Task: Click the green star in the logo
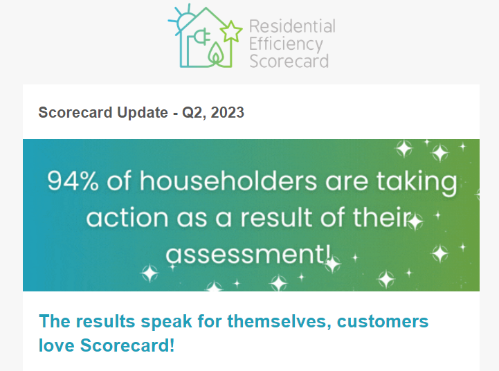[230, 32]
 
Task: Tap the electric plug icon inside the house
[202, 36]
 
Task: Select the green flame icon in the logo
[216, 53]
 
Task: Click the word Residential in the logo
[292, 26]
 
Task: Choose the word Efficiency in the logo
[286, 44]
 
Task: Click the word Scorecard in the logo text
[289, 61]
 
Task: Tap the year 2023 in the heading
[227, 112]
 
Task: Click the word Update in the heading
[143, 113]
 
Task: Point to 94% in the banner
[73, 181]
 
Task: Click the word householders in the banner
[228, 181]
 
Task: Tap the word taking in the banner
[417, 182]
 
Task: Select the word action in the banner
[127, 217]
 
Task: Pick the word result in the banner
[276, 217]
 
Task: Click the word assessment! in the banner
[248, 254]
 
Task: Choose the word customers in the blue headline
[383, 321]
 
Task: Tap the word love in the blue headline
[56, 345]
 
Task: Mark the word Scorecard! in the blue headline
[127, 345]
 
